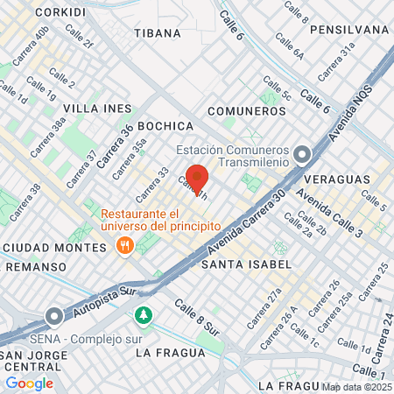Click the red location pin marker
[x=196, y=179]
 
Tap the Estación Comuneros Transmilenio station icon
[x=303, y=156]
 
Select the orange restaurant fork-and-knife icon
[x=125, y=246]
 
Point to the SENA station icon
[x=54, y=315]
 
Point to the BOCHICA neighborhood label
[x=165, y=125]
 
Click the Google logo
[x=30, y=383]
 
